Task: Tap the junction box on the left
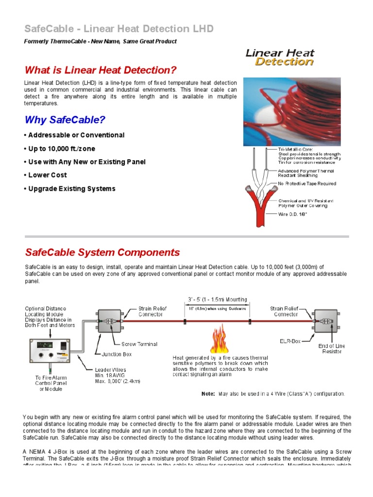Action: (x=110, y=321)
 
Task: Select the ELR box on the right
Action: (x=324, y=321)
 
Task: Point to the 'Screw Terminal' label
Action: (x=139, y=344)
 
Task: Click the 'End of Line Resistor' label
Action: (x=332, y=348)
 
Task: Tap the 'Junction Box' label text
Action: (x=117, y=354)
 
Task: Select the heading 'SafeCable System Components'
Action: (x=102, y=252)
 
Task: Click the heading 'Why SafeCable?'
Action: (x=65, y=119)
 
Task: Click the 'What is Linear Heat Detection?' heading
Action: (x=101, y=70)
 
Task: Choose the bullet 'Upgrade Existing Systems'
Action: (x=70, y=188)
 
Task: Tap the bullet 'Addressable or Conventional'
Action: (x=74, y=135)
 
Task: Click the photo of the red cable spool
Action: (x=291, y=111)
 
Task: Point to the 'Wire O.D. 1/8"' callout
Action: (x=293, y=213)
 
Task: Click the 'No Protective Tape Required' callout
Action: (x=306, y=184)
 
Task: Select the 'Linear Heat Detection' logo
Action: (x=280, y=57)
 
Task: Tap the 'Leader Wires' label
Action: (x=110, y=369)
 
